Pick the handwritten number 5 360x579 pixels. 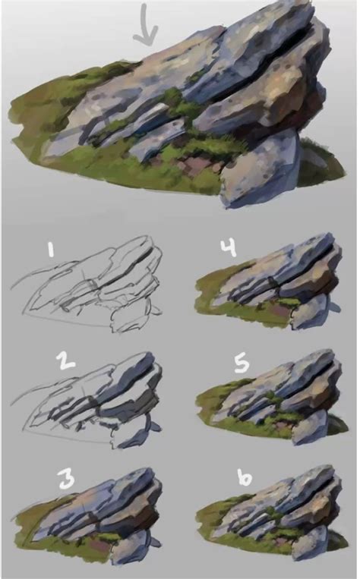click(242, 364)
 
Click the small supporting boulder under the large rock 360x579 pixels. click(262, 171)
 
